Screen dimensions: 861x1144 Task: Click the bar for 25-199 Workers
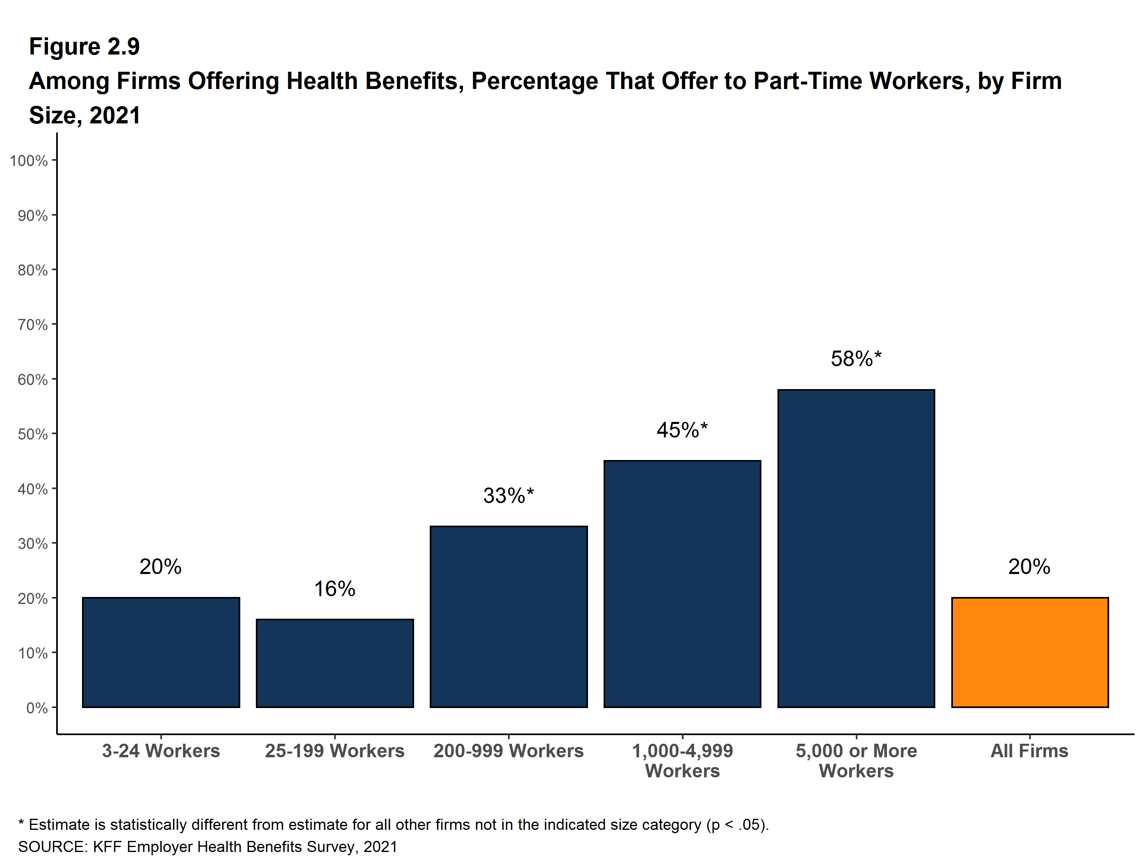coord(335,663)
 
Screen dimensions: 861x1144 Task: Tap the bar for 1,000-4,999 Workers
coord(682,584)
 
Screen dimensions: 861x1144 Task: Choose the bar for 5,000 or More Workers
coord(856,548)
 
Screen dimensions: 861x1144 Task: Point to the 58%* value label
coord(856,359)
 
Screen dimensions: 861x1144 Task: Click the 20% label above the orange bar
coord(1029,567)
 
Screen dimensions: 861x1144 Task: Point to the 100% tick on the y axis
coord(29,161)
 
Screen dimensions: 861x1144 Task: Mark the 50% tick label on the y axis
coord(32,434)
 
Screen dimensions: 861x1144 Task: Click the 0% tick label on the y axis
coord(37,708)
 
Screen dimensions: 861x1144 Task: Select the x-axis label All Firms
coord(1029,751)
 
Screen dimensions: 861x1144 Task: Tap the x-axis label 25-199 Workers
coord(335,751)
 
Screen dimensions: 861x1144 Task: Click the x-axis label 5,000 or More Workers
coord(856,761)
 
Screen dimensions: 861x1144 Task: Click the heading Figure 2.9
coord(84,47)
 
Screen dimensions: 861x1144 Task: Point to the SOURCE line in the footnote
coord(207,847)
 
